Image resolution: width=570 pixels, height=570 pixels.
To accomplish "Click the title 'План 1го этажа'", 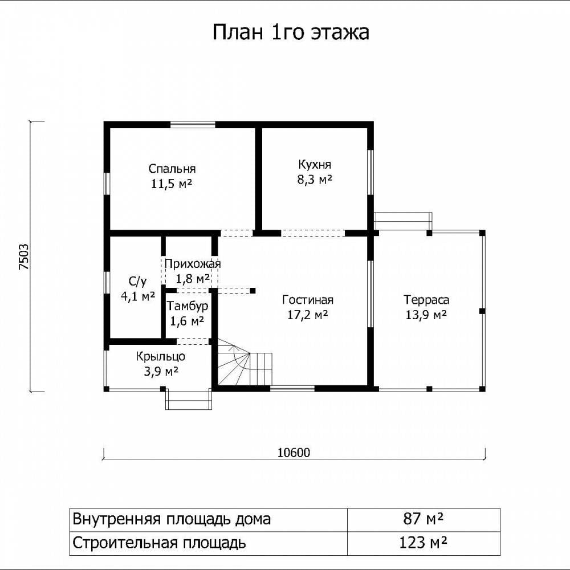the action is [x=291, y=32].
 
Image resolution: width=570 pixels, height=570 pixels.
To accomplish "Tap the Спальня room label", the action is [x=172, y=169].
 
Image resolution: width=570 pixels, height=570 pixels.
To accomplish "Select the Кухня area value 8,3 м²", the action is [x=315, y=179].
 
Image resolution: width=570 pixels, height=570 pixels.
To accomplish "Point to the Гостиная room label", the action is [x=308, y=300].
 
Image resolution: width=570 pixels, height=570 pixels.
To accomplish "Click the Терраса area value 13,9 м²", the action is [x=426, y=315].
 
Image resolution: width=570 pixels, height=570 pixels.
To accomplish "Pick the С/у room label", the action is [x=138, y=281].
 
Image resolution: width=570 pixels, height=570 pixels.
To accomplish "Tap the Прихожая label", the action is [x=193, y=264].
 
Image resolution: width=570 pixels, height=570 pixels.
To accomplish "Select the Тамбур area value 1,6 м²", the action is [x=187, y=321].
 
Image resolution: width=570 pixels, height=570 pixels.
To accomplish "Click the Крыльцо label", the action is [x=161, y=356].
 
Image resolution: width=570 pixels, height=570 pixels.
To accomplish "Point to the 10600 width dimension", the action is [x=294, y=453].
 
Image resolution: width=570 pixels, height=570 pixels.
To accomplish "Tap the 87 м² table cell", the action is [x=424, y=519].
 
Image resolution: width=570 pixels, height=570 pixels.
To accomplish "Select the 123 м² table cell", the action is [x=424, y=543].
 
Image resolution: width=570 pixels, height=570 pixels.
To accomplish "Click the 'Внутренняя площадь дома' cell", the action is [x=208, y=520].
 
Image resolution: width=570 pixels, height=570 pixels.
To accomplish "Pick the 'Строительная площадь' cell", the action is [x=208, y=543].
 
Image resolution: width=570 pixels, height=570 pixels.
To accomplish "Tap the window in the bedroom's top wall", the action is [x=193, y=124].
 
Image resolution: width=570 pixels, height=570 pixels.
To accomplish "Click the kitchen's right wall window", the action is [x=370, y=173].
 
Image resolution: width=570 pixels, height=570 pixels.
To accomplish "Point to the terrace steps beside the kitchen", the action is [x=403, y=221].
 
